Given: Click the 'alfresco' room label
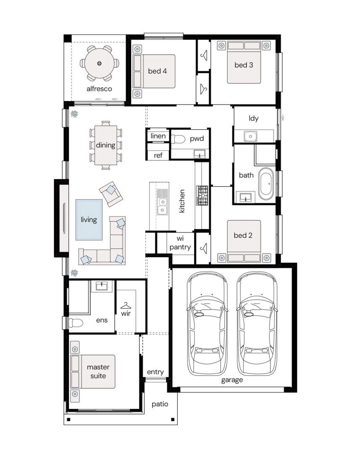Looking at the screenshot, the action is (x=99, y=89).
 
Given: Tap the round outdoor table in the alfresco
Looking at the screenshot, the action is (x=99, y=64).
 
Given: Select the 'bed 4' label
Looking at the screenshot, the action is (x=157, y=71).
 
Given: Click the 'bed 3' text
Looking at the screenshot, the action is (x=244, y=65).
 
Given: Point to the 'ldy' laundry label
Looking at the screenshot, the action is (x=253, y=118).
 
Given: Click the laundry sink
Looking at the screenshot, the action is (x=251, y=136).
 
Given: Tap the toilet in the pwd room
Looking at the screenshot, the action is (x=178, y=139).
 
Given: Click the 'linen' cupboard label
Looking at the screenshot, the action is (x=158, y=136).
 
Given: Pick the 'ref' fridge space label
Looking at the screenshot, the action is (x=158, y=155).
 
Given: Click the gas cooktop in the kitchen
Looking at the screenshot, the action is (x=202, y=196).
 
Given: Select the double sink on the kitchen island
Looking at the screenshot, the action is (x=162, y=202).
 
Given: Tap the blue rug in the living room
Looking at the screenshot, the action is (x=89, y=220).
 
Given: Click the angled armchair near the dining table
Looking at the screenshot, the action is (x=111, y=194).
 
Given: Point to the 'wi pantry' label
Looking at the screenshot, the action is (x=180, y=243).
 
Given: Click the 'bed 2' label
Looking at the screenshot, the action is (x=243, y=235).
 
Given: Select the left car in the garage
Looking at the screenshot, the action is (x=207, y=324).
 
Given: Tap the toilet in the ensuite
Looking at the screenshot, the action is (x=75, y=323).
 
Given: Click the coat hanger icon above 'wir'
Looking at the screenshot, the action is (x=125, y=306).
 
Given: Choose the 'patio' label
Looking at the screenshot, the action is (x=160, y=404).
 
